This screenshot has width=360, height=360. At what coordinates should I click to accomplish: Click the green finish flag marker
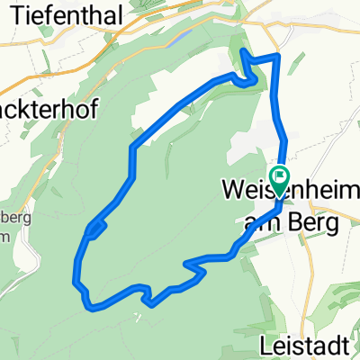tap(281, 175)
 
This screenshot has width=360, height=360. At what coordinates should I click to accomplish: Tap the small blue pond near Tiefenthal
tap(184, 39)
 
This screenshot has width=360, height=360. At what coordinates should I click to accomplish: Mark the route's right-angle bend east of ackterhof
tap(133, 147)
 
